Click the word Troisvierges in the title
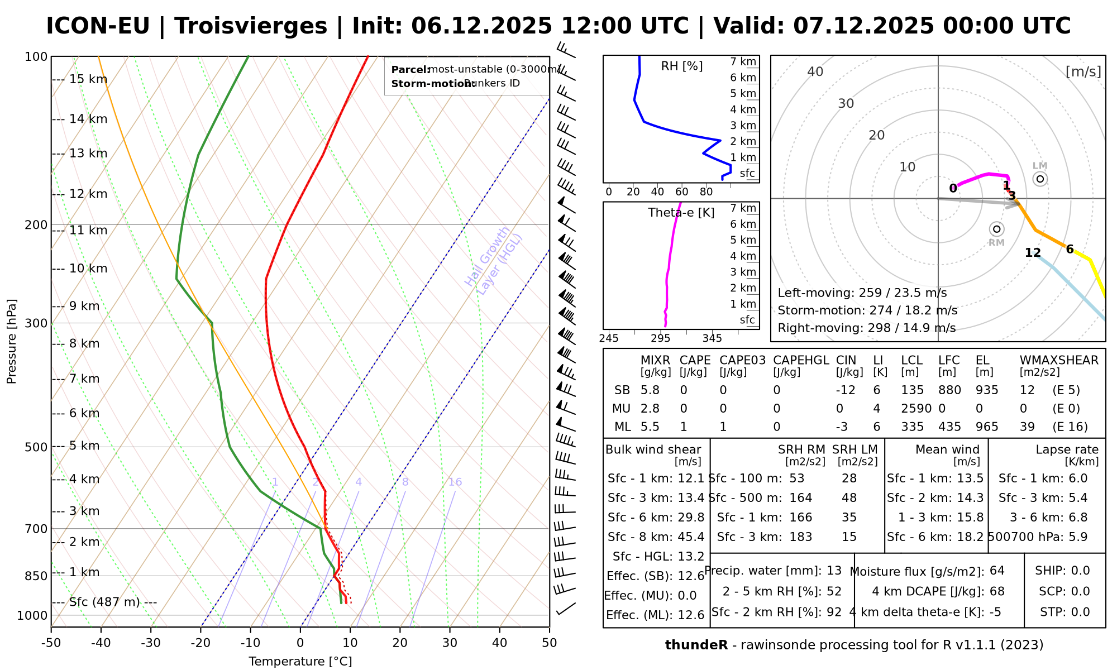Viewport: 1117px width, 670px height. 251,26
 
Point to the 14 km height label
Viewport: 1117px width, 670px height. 88,119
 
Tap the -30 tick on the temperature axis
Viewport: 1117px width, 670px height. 151,643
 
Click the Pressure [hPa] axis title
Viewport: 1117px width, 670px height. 12,341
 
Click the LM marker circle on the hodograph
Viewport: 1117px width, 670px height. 1040,179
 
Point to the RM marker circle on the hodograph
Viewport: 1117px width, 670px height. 997,229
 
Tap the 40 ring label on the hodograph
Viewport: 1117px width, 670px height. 815,71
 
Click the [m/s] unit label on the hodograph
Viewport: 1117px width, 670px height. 1083,71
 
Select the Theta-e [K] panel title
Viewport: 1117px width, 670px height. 681,213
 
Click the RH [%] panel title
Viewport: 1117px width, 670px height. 681,66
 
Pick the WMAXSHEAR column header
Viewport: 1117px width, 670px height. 1059,360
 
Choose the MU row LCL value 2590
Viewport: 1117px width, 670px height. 916,409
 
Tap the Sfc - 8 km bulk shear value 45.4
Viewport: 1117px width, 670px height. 691,537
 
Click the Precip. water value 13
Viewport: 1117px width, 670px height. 834,571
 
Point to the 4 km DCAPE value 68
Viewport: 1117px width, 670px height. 997,591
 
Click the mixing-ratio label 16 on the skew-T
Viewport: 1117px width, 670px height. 455,482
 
